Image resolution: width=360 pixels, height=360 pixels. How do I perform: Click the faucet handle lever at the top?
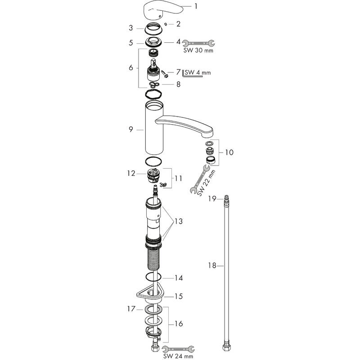(x=158, y=10)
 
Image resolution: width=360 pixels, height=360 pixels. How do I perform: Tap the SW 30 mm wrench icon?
(x=198, y=44)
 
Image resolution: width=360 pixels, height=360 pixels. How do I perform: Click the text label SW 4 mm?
(x=198, y=72)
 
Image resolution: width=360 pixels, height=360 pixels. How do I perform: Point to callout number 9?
(x=131, y=130)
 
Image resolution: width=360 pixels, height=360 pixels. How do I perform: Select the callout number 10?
(x=229, y=153)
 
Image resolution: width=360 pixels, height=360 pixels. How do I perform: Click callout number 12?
(x=131, y=173)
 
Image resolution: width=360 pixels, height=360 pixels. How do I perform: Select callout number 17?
(x=131, y=309)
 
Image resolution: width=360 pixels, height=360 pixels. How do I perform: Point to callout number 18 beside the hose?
(x=212, y=266)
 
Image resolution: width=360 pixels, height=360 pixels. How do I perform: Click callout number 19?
(x=212, y=198)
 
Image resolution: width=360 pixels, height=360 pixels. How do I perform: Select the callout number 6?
(x=131, y=68)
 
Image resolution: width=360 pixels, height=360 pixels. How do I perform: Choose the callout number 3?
(x=131, y=28)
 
